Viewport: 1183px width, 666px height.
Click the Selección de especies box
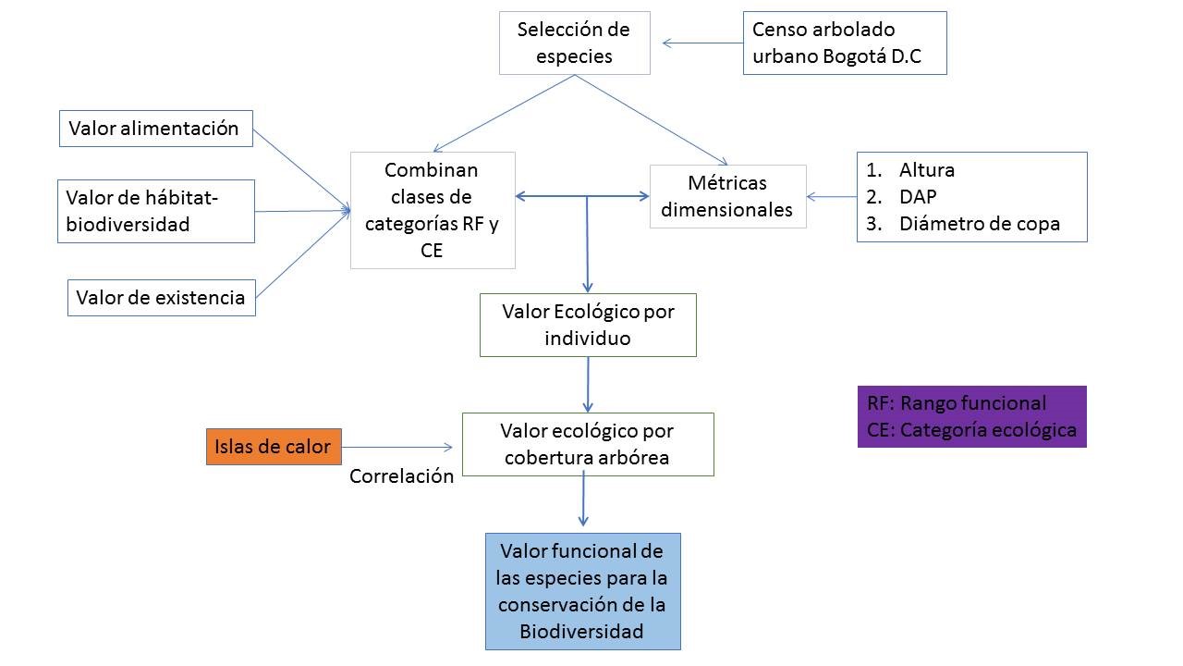pyautogui.click(x=574, y=43)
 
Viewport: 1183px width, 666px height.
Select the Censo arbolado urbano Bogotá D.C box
pyautogui.click(x=844, y=43)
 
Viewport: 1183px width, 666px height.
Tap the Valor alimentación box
pyautogui.click(x=156, y=129)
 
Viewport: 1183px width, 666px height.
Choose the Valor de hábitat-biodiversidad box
pyautogui.click(x=155, y=211)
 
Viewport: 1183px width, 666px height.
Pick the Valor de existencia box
pyautogui.click(x=161, y=298)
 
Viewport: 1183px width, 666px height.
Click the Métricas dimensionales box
pyautogui.click(x=727, y=196)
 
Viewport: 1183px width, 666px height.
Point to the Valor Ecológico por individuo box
pyautogui.click(x=588, y=325)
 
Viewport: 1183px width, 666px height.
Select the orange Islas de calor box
pyautogui.click(x=273, y=447)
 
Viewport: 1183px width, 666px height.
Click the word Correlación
pyautogui.click(x=401, y=476)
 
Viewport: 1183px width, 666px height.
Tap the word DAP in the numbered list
pyautogui.click(x=917, y=197)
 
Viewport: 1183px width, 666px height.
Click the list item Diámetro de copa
pyautogui.click(x=979, y=224)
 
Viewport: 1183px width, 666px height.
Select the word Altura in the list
pyautogui.click(x=926, y=170)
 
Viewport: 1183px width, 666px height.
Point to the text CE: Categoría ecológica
pyautogui.click(x=971, y=430)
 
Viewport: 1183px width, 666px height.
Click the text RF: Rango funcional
pyautogui.click(x=957, y=403)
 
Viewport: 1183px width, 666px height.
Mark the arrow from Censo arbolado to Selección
pyautogui.click(x=702, y=43)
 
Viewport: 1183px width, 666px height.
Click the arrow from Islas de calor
pyautogui.click(x=397, y=447)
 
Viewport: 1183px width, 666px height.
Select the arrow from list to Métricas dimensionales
pyautogui.click(x=832, y=196)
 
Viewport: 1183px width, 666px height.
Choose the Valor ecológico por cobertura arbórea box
pyautogui.click(x=587, y=444)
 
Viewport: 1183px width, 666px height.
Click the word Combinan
pyautogui.click(x=432, y=170)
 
